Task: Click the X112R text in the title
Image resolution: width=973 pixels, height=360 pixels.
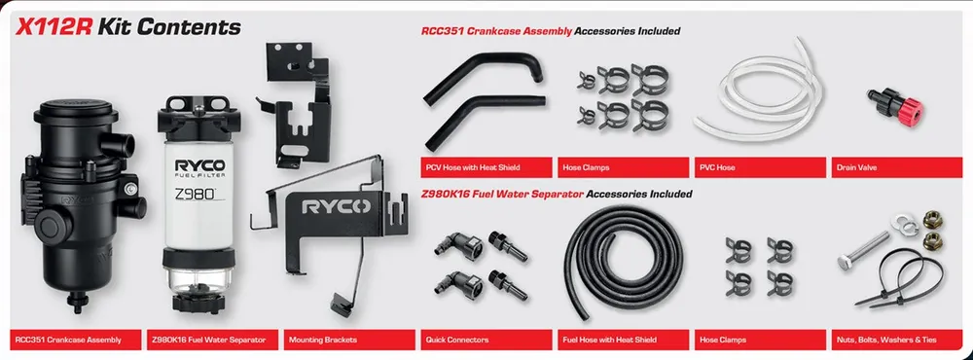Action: click(x=53, y=26)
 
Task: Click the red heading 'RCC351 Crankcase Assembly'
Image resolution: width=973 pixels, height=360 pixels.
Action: click(x=495, y=31)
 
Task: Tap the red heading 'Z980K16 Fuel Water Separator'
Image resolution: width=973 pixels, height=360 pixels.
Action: click(x=502, y=194)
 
